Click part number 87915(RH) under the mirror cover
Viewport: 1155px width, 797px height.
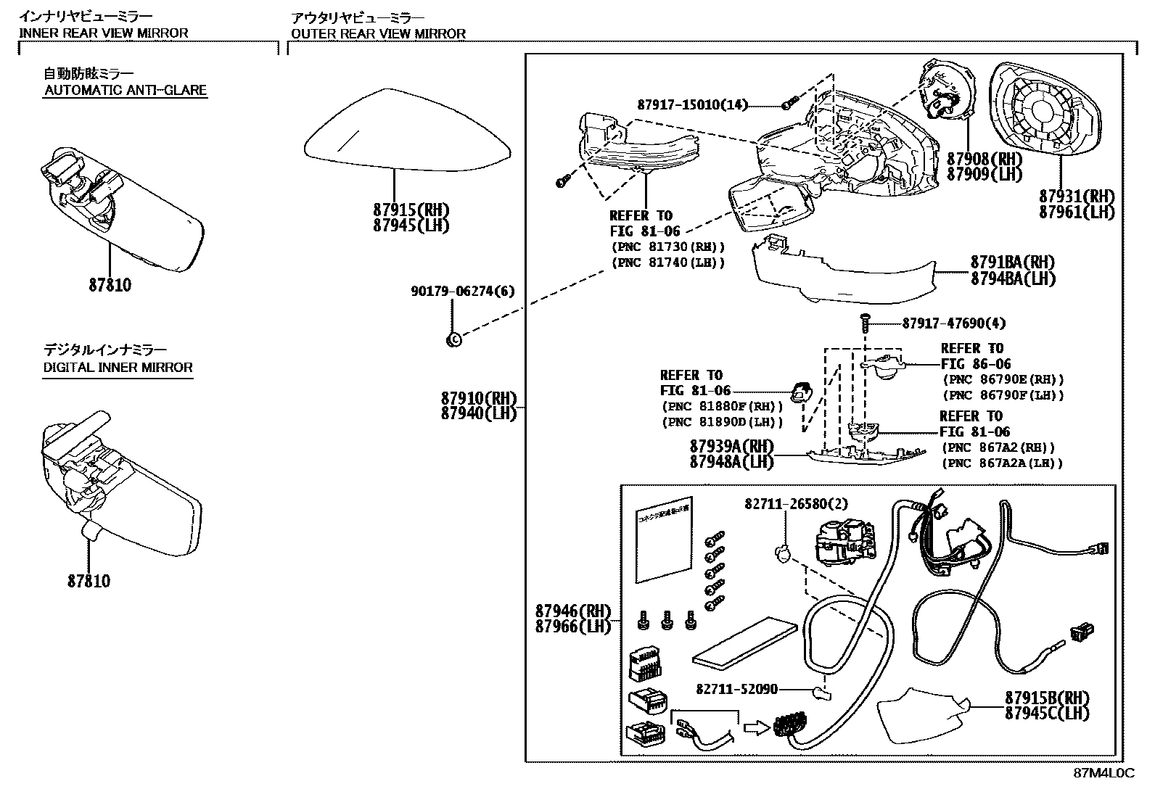click(411, 210)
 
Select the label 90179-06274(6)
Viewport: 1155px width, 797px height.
click(462, 291)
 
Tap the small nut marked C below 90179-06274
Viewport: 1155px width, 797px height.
click(453, 338)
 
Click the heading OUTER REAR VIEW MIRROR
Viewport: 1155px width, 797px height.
click(378, 33)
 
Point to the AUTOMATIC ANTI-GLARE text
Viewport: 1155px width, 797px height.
click(126, 91)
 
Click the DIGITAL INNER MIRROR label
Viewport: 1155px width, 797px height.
click(118, 368)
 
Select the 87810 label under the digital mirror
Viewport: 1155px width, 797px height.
click(89, 581)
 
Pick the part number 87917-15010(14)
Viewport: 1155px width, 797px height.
click(691, 104)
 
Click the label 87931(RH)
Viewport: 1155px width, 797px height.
click(1076, 197)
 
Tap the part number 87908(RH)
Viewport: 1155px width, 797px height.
click(984, 159)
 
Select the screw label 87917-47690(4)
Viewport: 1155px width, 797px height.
click(953, 323)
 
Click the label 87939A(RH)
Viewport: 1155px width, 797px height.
click(731, 446)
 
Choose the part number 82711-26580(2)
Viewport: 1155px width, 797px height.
click(795, 503)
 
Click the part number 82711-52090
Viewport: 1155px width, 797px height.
click(736, 690)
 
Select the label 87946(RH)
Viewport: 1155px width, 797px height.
click(573, 611)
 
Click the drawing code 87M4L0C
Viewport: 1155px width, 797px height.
click(1103, 773)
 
